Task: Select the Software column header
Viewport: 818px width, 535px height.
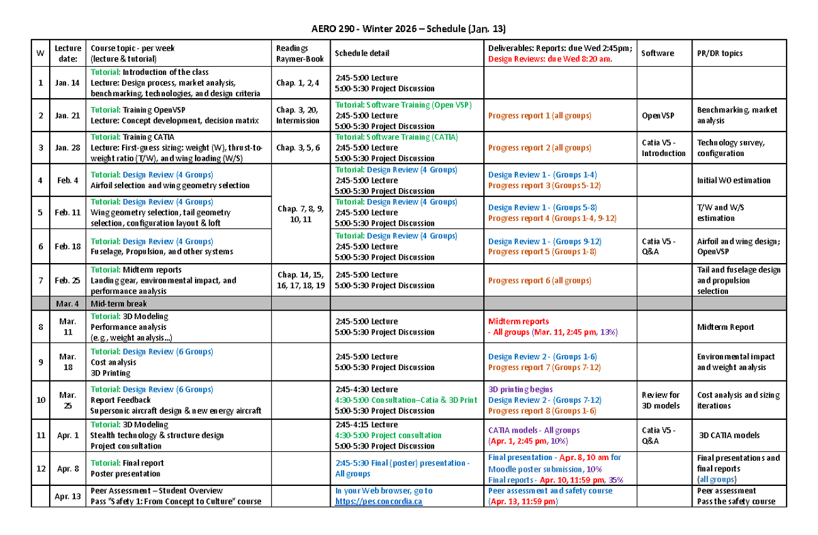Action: pos(657,53)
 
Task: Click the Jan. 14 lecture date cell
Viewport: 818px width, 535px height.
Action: pos(67,83)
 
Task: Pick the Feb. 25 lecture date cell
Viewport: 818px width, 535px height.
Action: pos(67,280)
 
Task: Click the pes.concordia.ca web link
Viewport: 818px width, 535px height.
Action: pos(378,502)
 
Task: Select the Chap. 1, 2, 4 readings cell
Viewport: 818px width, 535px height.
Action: pos(298,83)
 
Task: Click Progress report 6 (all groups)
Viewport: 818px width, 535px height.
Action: pos(539,280)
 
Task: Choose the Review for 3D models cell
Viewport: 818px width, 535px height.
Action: pos(661,400)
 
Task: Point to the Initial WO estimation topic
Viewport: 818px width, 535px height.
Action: pos(733,181)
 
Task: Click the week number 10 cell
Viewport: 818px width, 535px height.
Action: pos(40,400)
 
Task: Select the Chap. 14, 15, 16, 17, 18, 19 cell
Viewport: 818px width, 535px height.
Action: pos(301,280)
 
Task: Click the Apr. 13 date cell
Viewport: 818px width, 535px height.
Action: pos(67,496)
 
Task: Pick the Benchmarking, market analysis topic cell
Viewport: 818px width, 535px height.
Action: pos(737,115)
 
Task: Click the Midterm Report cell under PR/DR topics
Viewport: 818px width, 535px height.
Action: pos(725,327)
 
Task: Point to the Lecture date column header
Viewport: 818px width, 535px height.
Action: pos(67,53)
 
